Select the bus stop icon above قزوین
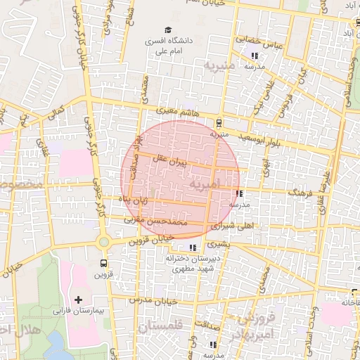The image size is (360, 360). tap(103, 264)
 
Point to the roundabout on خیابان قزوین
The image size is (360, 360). tap(104, 242)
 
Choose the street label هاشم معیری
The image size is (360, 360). tap(176, 112)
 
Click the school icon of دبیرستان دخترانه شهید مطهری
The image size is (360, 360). tap(192, 247)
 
